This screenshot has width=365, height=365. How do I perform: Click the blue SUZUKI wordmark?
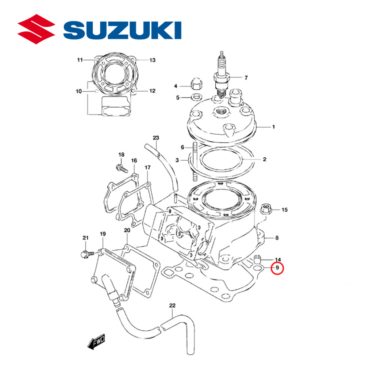(x=123, y=30)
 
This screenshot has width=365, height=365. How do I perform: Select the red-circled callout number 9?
(x=277, y=269)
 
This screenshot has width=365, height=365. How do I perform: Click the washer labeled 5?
(x=196, y=97)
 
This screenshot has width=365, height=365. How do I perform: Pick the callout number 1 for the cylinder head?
(x=273, y=127)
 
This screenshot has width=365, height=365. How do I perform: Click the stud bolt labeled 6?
(x=195, y=162)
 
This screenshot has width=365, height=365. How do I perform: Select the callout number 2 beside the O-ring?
(x=265, y=159)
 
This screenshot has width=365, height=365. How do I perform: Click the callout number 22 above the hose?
(x=172, y=305)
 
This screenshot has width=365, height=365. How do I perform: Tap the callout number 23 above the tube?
(x=156, y=138)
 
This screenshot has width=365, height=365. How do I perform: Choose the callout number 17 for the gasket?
(x=147, y=168)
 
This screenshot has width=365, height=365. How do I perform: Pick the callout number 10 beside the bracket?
(x=79, y=91)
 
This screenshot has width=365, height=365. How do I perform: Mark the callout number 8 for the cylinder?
(x=277, y=238)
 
